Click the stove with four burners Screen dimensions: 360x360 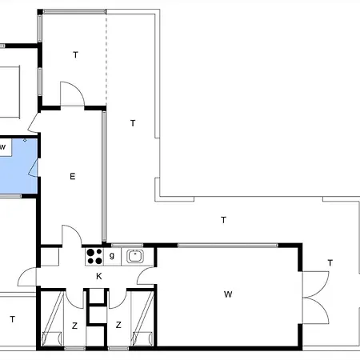coord(94,257)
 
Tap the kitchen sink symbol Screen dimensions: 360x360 coord(134,256)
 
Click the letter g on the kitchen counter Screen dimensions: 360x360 coord(112,256)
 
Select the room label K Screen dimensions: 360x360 coord(99,276)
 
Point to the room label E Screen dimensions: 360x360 coord(72,176)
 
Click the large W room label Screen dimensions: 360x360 coord(228,294)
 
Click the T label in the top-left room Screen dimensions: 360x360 coord(75,55)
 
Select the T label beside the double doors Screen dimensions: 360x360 coord(330,263)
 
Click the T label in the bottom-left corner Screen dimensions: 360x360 coord(13,319)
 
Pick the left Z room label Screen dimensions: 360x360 coord(74,326)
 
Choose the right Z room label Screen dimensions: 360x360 coord(118,325)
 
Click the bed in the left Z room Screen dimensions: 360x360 coord(52,319)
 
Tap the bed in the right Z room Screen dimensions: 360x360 coord(142,319)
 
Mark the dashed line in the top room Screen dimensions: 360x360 coord(106,59)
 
